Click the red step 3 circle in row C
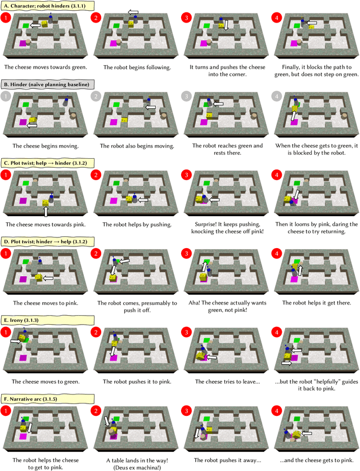pyautogui.click(x=186, y=175)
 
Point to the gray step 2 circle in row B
pyautogui.click(x=96, y=96)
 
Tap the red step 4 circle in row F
pyautogui.click(x=277, y=411)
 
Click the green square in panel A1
pyautogui.click(x=26, y=26)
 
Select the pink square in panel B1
pyautogui.click(x=23, y=122)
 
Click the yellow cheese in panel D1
pyautogui.click(x=39, y=277)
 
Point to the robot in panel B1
pyautogui.click(x=66, y=101)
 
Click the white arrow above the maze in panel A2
pyautogui.click(x=133, y=12)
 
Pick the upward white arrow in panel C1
pyautogui.click(x=46, y=212)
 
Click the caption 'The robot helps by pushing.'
pyautogui.click(x=137, y=225)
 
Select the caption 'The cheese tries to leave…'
pyautogui.click(x=227, y=382)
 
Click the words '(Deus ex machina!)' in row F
pyautogui.click(x=137, y=468)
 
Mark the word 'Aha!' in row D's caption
pyautogui.click(x=194, y=303)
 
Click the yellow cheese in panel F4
pyautogui.click(x=297, y=434)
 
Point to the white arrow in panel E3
pyautogui.click(x=212, y=357)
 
